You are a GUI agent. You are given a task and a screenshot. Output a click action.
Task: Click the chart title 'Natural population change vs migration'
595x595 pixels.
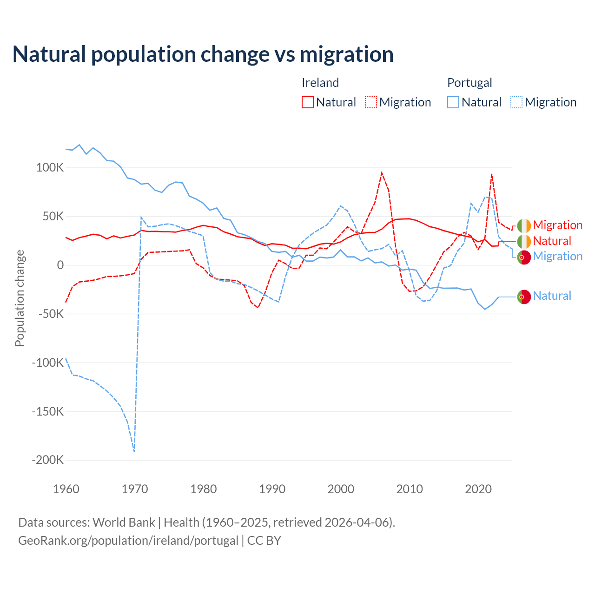pyautogui.click(x=203, y=54)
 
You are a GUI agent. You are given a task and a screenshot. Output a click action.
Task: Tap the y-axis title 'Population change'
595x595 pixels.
pyautogui.click(x=20, y=298)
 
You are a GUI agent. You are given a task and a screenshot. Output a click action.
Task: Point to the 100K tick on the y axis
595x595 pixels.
pyautogui.click(x=50, y=168)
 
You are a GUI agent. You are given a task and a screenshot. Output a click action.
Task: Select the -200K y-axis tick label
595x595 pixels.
pyautogui.click(x=47, y=460)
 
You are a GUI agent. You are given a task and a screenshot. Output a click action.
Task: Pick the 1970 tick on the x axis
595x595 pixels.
pyautogui.click(x=135, y=489)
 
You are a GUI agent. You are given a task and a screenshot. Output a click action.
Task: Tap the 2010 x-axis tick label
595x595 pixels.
pyautogui.click(x=410, y=489)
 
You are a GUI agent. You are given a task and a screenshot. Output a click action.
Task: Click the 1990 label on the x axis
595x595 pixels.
pyautogui.click(x=272, y=489)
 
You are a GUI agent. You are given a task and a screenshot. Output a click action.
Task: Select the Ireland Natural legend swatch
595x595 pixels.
pyautogui.click(x=308, y=102)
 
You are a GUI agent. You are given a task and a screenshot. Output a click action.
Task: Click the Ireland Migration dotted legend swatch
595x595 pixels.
pyautogui.click(x=371, y=102)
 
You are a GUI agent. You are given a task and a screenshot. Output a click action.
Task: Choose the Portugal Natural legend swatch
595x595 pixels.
pyautogui.click(x=453, y=102)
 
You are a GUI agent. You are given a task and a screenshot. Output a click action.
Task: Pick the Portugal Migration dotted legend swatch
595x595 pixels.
pyautogui.click(x=516, y=102)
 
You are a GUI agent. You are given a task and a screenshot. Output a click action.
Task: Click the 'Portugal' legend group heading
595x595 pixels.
pyautogui.click(x=469, y=83)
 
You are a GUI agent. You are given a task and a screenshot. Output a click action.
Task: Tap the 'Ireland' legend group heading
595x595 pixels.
pyautogui.click(x=320, y=83)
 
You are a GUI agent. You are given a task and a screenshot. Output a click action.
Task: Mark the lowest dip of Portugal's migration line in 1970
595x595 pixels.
pyautogui.click(x=134, y=451)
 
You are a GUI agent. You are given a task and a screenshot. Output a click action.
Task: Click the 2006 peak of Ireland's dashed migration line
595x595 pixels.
pyautogui.click(x=382, y=173)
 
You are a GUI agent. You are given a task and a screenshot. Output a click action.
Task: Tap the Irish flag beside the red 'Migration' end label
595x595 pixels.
pyautogui.click(x=524, y=225)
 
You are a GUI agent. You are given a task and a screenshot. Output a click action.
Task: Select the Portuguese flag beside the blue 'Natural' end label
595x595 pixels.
pyautogui.click(x=524, y=297)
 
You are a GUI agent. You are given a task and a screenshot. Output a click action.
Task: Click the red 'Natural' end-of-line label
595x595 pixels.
pyautogui.click(x=552, y=241)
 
